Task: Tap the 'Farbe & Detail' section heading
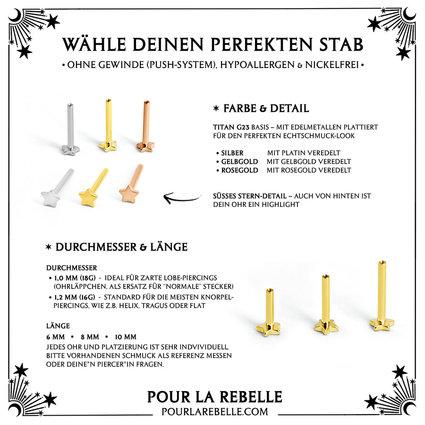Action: [261, 109]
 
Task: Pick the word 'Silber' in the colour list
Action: [232, 153]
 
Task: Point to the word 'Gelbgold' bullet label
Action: [239, 161]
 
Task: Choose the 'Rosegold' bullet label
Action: [239, 170]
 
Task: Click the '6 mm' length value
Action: [56, 337]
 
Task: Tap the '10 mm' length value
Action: [125, 337]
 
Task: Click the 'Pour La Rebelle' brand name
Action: [214, 397]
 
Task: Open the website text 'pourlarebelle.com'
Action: [215, 412]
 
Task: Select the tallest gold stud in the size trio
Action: [382, 297]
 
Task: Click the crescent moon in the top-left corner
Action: [15, 16]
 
